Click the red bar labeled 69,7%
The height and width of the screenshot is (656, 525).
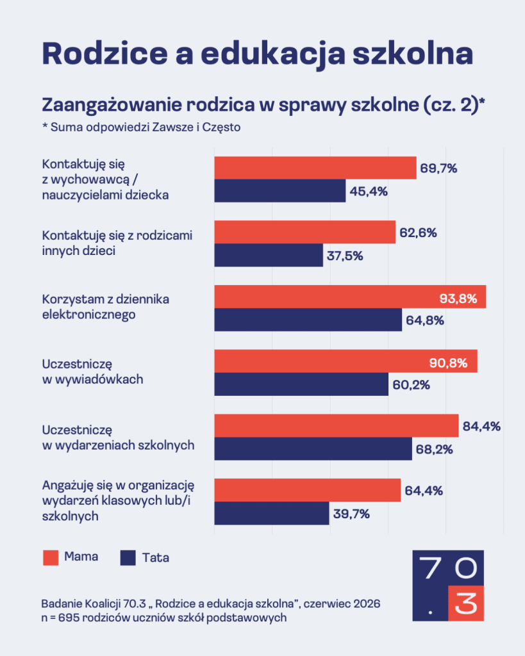coord(315,168)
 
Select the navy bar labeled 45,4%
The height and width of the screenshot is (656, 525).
coord(280,191)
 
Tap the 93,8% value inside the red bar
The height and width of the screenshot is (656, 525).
coord(458,299)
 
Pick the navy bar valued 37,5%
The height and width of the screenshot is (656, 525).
coord(269,255)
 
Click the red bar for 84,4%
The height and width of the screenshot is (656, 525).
coord(337,426)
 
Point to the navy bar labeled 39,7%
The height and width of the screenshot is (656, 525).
coord(272,513)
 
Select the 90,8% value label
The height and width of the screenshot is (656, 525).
coord(448,363)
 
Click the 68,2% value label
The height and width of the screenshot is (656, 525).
coord(434,449)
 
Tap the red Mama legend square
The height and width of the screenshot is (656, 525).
coord(51,558)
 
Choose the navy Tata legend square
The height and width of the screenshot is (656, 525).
coord(128,558)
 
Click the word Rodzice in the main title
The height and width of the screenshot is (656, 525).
coord(105,53)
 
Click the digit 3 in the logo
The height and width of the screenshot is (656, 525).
coord(466,603)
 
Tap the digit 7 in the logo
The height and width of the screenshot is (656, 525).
coord(430,568)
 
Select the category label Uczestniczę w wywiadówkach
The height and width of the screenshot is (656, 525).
coord(92,372)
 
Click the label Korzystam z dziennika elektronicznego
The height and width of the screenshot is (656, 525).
coord(106,307)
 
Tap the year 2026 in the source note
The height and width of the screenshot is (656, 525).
coord(367,603)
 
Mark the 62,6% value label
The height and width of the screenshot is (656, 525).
coord(418,233)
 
